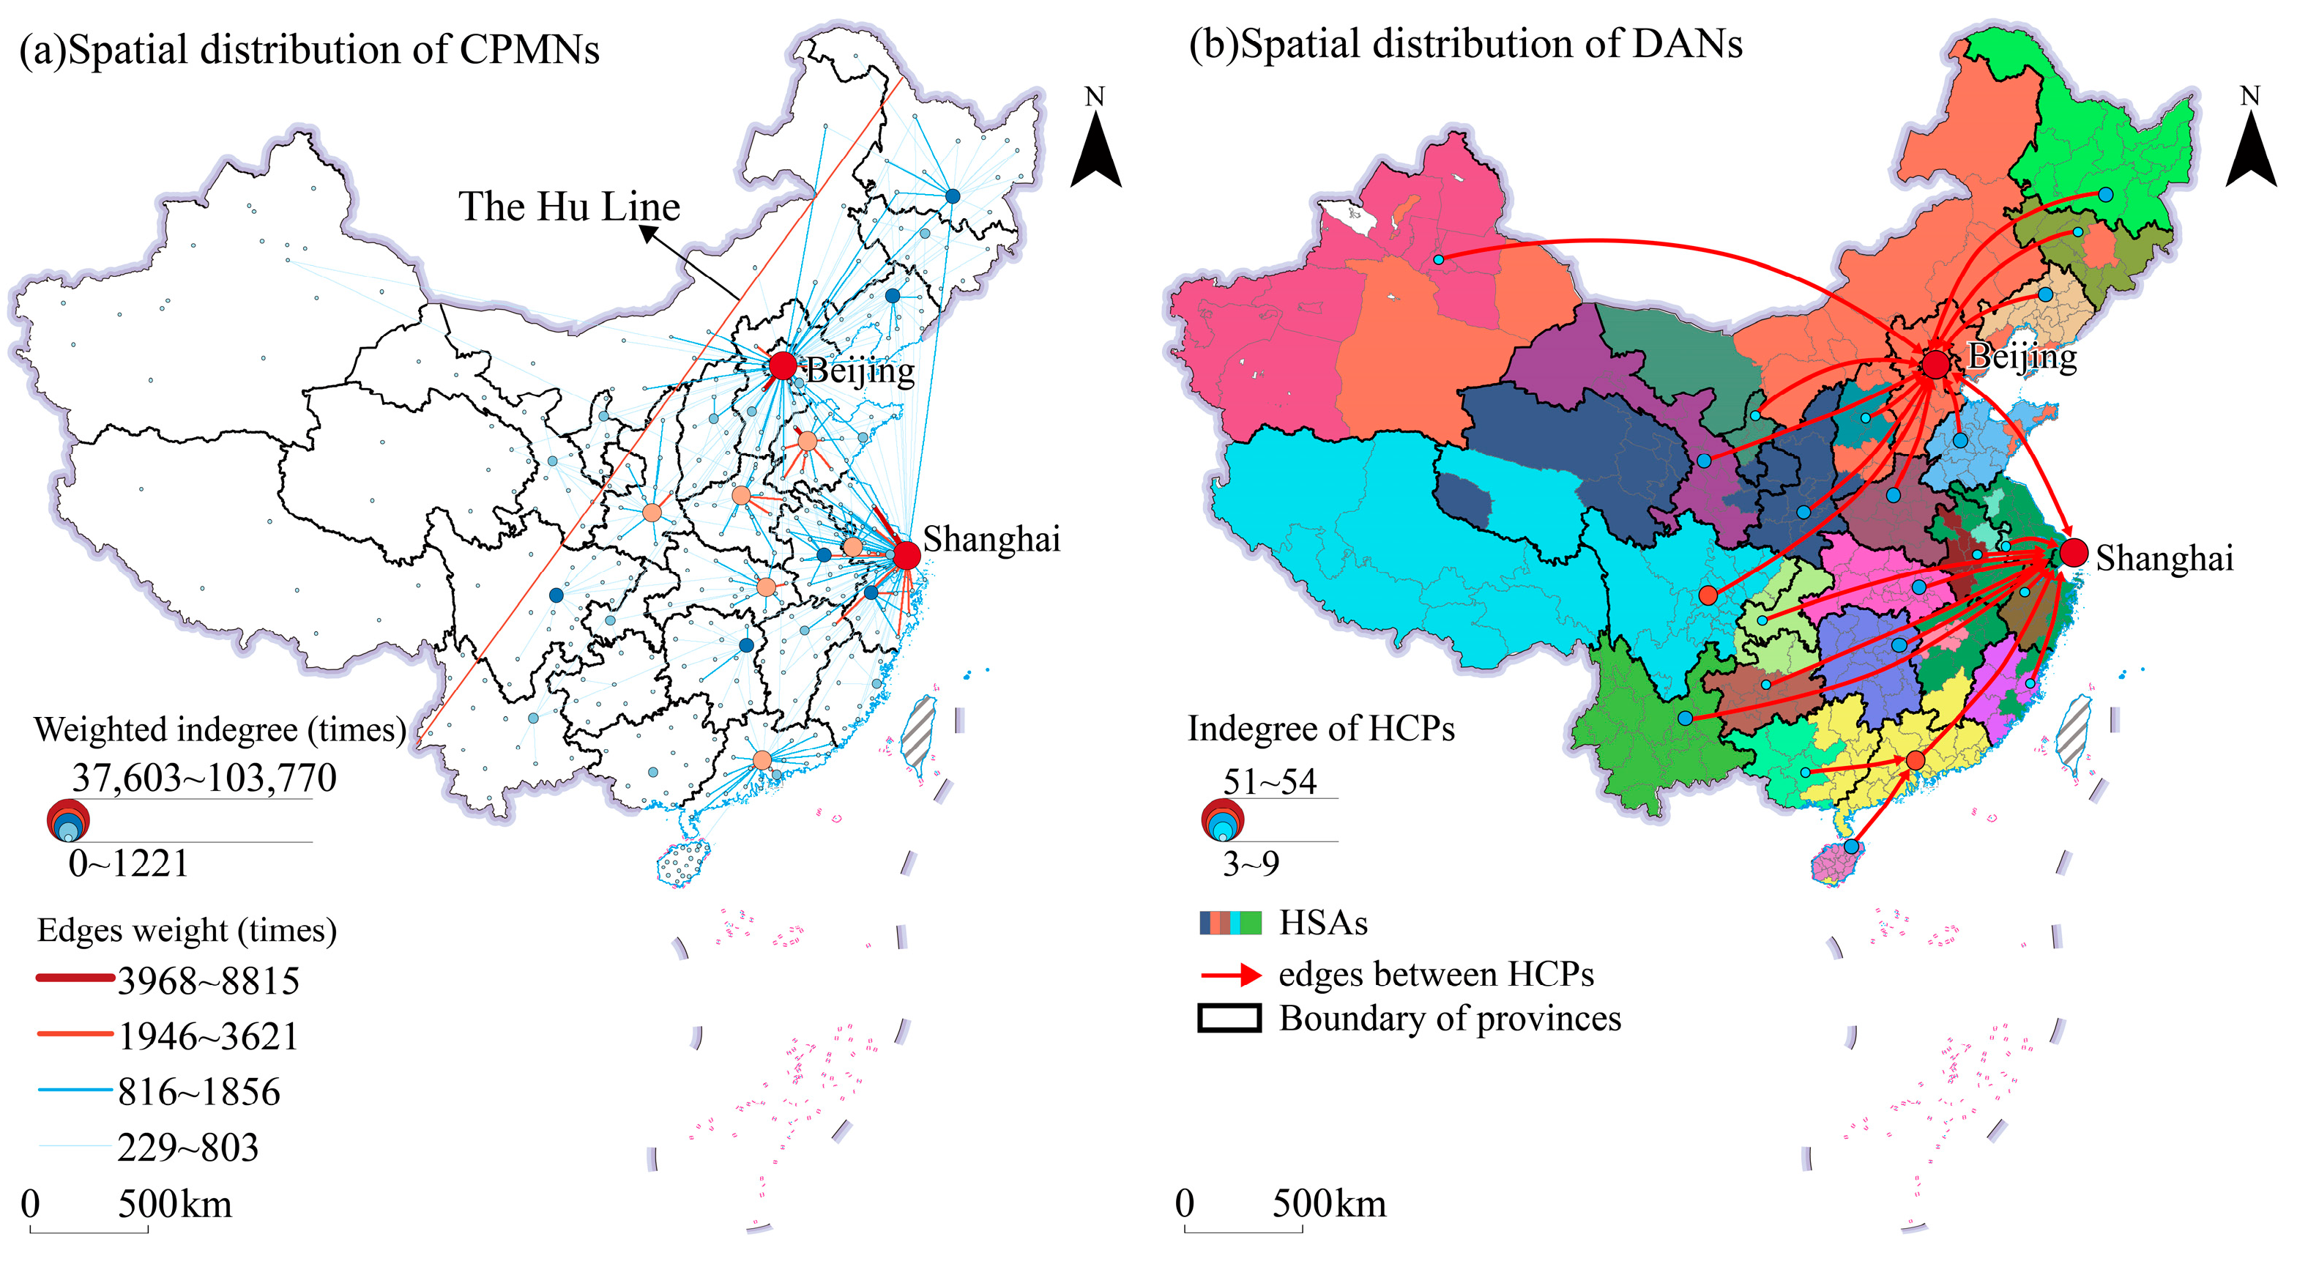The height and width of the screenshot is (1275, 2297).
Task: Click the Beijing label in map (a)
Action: point(860,371)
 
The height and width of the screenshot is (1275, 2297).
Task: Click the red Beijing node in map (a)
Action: point(782,365)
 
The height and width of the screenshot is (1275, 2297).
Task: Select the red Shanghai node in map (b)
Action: point(2073,553)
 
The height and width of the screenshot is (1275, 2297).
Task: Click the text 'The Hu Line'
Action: point(569,207)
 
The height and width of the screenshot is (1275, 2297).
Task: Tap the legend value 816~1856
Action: point(199,1092)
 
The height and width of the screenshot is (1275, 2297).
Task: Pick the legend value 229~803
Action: point(187,1148)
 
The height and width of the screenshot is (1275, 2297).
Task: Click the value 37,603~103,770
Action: point(204,778)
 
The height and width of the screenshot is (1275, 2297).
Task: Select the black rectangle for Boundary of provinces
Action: point(1229,1018)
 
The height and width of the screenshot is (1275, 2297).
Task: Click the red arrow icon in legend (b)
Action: point(1231,975)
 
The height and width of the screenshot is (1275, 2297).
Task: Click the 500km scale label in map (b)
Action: point(1328,1205)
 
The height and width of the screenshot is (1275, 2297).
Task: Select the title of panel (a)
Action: point(308,50)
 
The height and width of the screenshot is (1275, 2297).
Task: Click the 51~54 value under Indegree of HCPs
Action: point(1269,782)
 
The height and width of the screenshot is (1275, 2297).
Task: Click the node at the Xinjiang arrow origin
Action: point(1438,259)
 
